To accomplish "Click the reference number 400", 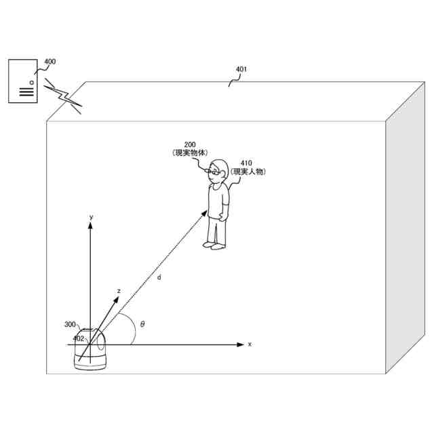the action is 50,62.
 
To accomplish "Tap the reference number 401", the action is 241,69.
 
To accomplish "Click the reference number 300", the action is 71,325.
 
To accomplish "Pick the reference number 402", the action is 79,338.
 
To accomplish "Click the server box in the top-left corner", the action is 22,81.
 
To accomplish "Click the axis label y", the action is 91,216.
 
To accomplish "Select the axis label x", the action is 250,344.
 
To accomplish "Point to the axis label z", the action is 119,291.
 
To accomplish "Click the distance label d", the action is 159,277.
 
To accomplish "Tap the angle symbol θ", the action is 142,324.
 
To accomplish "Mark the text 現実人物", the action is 248,172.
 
